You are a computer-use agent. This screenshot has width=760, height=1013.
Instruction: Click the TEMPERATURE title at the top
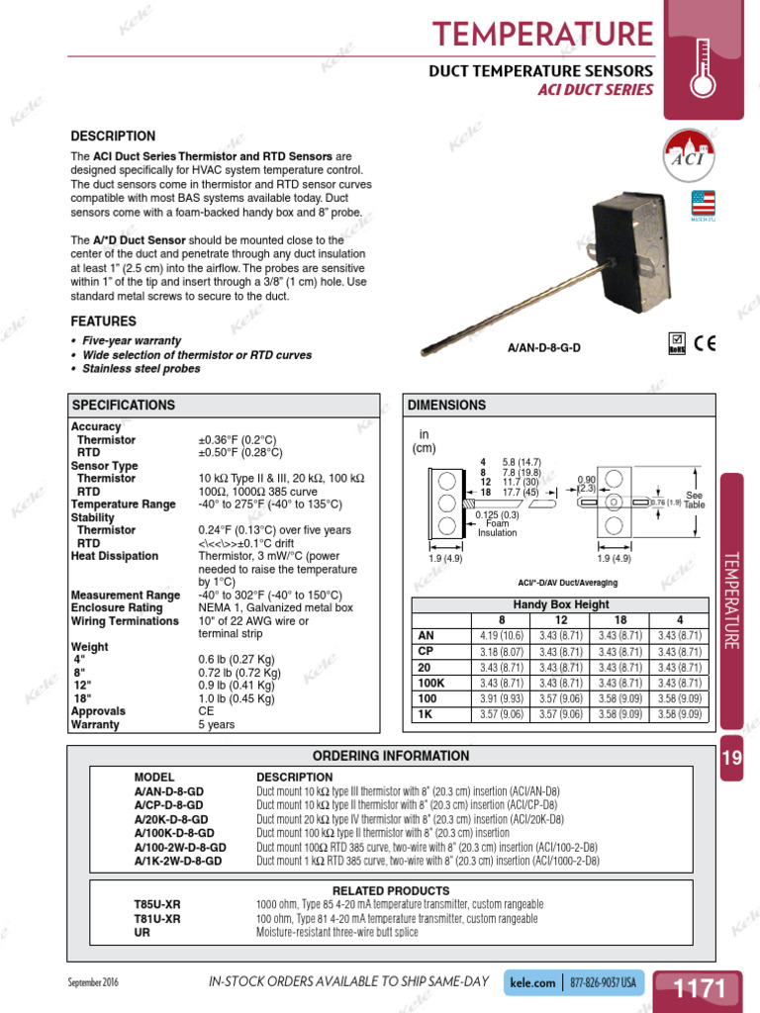543,34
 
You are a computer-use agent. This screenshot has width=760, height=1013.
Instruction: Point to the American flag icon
703,203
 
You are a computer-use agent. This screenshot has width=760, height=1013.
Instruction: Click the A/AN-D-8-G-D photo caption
544,348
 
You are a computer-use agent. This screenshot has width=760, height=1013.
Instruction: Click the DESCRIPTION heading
113,136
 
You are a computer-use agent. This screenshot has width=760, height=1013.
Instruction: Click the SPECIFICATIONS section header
124,406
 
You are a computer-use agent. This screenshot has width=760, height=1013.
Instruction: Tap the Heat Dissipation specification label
115,556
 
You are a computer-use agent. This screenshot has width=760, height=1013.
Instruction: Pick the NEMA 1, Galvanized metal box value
275,607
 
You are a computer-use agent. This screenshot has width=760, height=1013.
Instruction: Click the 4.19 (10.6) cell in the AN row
501,636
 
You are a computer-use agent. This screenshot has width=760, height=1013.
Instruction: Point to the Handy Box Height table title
560,604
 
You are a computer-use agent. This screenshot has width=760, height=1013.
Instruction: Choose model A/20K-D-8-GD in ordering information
171,819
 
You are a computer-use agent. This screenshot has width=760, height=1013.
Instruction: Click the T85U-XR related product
157,904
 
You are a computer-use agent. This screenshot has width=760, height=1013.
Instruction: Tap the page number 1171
700,987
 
